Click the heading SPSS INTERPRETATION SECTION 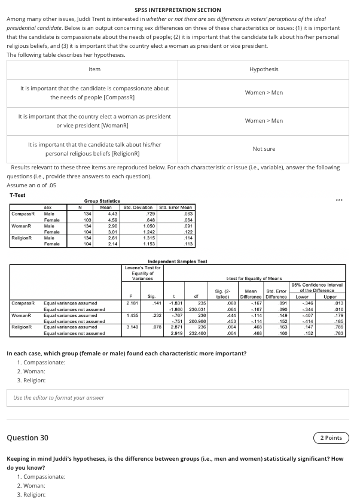[x=178, y=10]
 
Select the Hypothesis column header [x=264, y=69]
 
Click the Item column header [x=94, y=69]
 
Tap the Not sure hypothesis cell [x=264, y=149]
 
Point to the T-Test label [x=18, y=196]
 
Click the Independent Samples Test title [x=178, y=261]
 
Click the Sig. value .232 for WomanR [x=157, y=315]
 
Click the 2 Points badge [x=331, y=438]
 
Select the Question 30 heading [x=28, y=438]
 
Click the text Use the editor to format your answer [x=59, y=398]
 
